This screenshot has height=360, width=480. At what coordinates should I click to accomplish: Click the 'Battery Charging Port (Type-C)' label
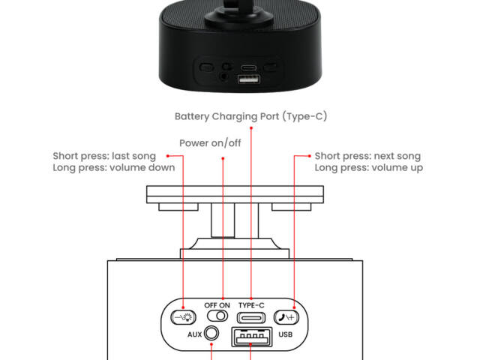click(250, 116)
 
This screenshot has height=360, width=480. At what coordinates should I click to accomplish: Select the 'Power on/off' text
click(210, 142)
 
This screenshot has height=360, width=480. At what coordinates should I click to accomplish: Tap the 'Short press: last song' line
click(104, 156)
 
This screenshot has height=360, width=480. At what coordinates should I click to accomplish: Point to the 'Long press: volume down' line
click(114, 167)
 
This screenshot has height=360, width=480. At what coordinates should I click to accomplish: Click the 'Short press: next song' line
click(367, 156)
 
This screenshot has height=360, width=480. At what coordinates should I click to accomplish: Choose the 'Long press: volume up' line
click(368, 167)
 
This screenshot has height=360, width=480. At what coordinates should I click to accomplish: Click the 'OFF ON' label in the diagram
click(217, 305)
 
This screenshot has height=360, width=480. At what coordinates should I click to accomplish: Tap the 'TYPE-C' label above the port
click(251, 305)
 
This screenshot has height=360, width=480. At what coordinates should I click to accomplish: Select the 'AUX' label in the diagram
click(196, 333)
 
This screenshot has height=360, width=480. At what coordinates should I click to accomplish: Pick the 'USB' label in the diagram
click(285, 334)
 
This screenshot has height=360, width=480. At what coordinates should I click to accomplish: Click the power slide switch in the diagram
click(217, 317)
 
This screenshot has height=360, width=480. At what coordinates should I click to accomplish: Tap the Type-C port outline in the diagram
click(251, 317)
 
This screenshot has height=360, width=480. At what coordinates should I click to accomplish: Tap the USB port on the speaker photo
click(245, 79)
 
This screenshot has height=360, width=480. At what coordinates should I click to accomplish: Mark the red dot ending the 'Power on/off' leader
click(224, 157)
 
